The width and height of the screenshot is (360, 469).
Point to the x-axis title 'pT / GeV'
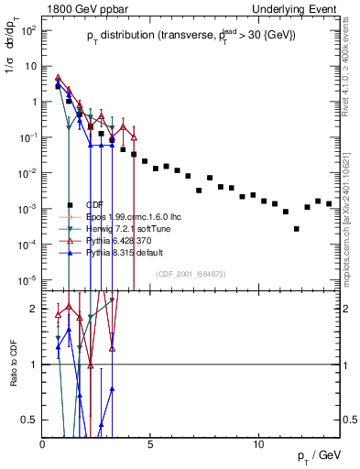321,455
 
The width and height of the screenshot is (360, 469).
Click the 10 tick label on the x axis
259,444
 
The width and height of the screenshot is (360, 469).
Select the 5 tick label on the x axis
151,444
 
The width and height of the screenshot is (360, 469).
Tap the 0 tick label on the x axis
43,444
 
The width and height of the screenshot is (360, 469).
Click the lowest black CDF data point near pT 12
296,229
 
